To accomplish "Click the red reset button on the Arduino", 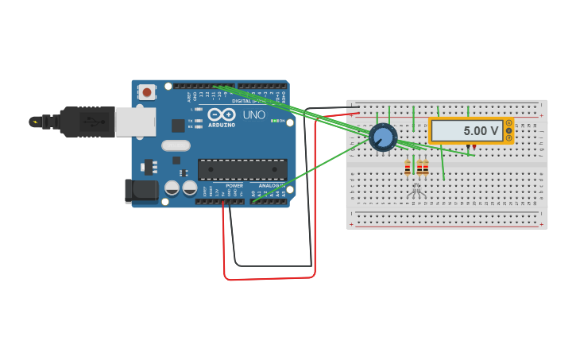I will [x=147, y=92].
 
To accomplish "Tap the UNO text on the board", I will [x=253, y=115].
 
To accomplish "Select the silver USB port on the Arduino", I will [x=135, y=122].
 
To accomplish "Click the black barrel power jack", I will [x=142, y=190].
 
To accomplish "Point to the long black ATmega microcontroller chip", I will [x=242, y=169].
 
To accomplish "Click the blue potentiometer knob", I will [x=383, y=137].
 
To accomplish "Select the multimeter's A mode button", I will [x=508, y=123].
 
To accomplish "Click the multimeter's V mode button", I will [x=508, y=130].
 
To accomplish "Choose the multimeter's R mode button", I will [x=508, y=138].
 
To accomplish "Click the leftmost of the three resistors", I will [x=408, y=168].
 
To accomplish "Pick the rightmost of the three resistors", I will [x=426, y=168].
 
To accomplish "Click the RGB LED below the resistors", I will [x=416, y=188].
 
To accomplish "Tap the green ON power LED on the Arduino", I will [x=273, y=121].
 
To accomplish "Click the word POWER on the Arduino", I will [x=234, y=186].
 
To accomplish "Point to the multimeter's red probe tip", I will [x=474, y=148].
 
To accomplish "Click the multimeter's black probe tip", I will [x=468, y=148].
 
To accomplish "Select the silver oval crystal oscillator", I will [x=176, y=145].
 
